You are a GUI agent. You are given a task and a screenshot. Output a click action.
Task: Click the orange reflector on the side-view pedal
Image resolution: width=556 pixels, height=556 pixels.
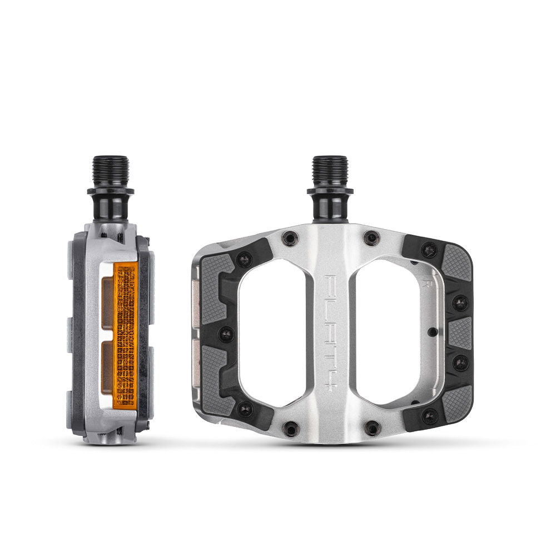pyautogui.click(x=125, y=334)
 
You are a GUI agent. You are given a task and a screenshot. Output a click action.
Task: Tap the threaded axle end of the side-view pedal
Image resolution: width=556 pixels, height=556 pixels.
pyautogui.click(x=110, y=170)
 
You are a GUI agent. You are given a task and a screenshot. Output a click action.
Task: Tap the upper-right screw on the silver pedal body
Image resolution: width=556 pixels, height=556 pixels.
pyautogui.click(x=371, y=238)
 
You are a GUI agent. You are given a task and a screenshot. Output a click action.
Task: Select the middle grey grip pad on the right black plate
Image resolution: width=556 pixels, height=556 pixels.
pyautogui.click(x=460, y=332)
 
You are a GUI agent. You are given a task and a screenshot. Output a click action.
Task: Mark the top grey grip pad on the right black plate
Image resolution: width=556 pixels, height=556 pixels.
pyautogui.click(x=457, y=261)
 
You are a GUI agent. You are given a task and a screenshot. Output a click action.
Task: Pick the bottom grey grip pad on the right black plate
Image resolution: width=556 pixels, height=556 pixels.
pyautogui.click(x=457, y=403)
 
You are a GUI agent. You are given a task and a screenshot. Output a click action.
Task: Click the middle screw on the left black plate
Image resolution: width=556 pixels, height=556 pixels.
pyautogui.click(x=226, y=334)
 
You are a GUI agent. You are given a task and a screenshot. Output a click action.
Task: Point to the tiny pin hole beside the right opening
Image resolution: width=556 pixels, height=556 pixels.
pyautogui.click(x=433, y=332)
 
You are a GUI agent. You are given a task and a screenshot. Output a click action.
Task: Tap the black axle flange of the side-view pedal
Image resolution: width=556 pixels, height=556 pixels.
pyautogui.click(x=110, y=193)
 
